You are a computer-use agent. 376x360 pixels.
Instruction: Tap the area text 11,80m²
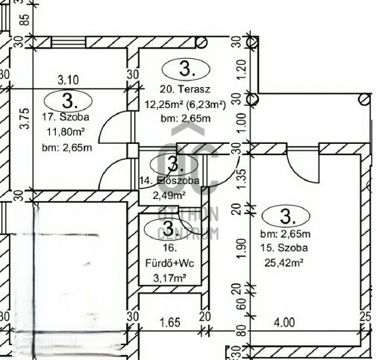click(66, 132)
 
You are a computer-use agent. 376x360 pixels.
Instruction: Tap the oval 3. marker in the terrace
click(188, 70)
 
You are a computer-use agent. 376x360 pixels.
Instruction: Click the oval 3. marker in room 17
click(67, 99)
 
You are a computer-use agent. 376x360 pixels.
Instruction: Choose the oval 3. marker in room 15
click(286, 215)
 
